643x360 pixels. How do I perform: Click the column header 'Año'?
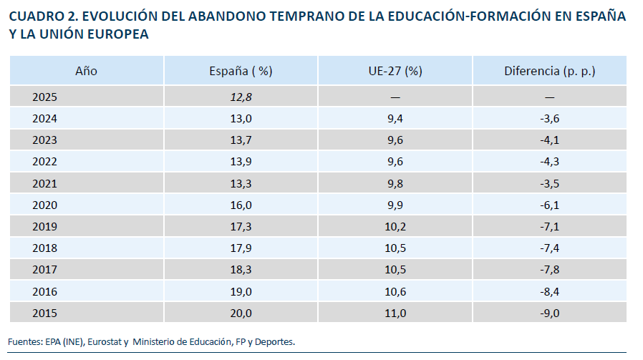pyautogui.click(x=86, y=71)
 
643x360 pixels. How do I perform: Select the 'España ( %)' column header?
pyautogui.click(x=241, y=71)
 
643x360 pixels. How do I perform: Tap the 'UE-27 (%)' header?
pyautogui.click(x=395, y=71)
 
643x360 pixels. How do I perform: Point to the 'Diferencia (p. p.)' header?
pyautogui.click(x=549, y=71)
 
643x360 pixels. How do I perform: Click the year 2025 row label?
pyautogui.click(x=44, y=97)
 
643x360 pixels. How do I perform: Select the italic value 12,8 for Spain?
pyautogui.click(x=241, y=97)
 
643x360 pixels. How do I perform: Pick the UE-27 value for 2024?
pyautogui.click(x=395, y=119)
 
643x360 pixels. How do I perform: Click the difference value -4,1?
pyautogui.click(x=549, y=140)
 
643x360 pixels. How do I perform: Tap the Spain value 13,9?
pyautogui.click(x=241, y=162)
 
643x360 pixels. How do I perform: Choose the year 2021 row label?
pyautogui.click(x=44, y=183)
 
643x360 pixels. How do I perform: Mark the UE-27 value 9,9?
pyautogui.click(x=395, y=205)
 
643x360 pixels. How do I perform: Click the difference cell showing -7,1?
pyautogui.click(x=549, y=227)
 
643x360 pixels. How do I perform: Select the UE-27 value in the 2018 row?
pyautogui.click(x=395, y=248)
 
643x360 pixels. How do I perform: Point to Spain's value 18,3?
pyautogui.click(x=241, y=270)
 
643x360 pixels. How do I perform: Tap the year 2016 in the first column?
pyautogui.click(x=44, y=291)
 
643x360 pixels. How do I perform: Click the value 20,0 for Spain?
pyautogui.click(x=241, y=313)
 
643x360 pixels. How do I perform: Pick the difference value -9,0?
pyautogui.click(x=549, y=313)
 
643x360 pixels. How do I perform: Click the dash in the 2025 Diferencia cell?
pyautogui.click(x=549, y=97)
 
